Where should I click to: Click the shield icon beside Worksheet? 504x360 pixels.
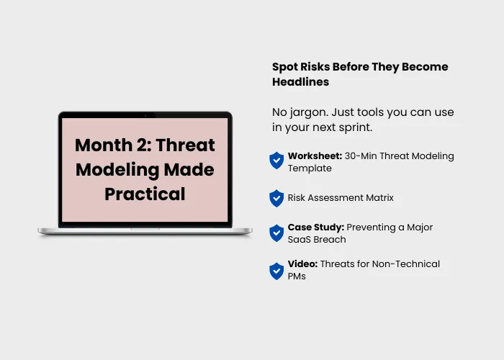276,161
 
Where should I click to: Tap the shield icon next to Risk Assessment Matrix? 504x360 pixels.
276,198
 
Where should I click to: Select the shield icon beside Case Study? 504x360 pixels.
276,233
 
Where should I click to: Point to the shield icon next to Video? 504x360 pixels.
276,271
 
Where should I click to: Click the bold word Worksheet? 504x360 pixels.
315,156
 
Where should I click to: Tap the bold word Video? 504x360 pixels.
302,264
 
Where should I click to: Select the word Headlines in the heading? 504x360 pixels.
300,81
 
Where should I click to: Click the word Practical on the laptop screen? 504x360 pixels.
145,194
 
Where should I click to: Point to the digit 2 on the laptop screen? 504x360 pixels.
142,145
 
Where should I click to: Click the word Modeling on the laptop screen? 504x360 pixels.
117,170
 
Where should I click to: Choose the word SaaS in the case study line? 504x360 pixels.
297,240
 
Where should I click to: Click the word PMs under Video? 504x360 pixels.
297,276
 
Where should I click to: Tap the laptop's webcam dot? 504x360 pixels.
145,114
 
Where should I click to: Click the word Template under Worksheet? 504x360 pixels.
310,168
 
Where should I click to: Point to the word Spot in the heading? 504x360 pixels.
285,67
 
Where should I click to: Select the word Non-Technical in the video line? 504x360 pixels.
405,264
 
